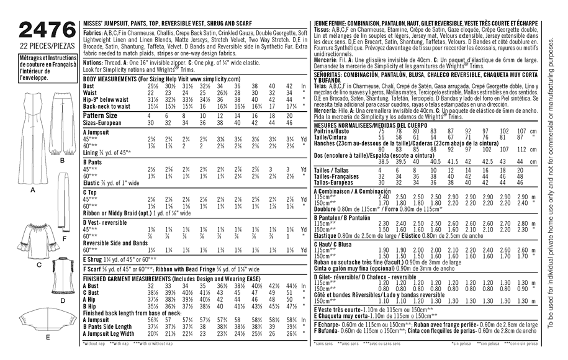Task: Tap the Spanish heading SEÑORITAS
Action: [x=333, y=73]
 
